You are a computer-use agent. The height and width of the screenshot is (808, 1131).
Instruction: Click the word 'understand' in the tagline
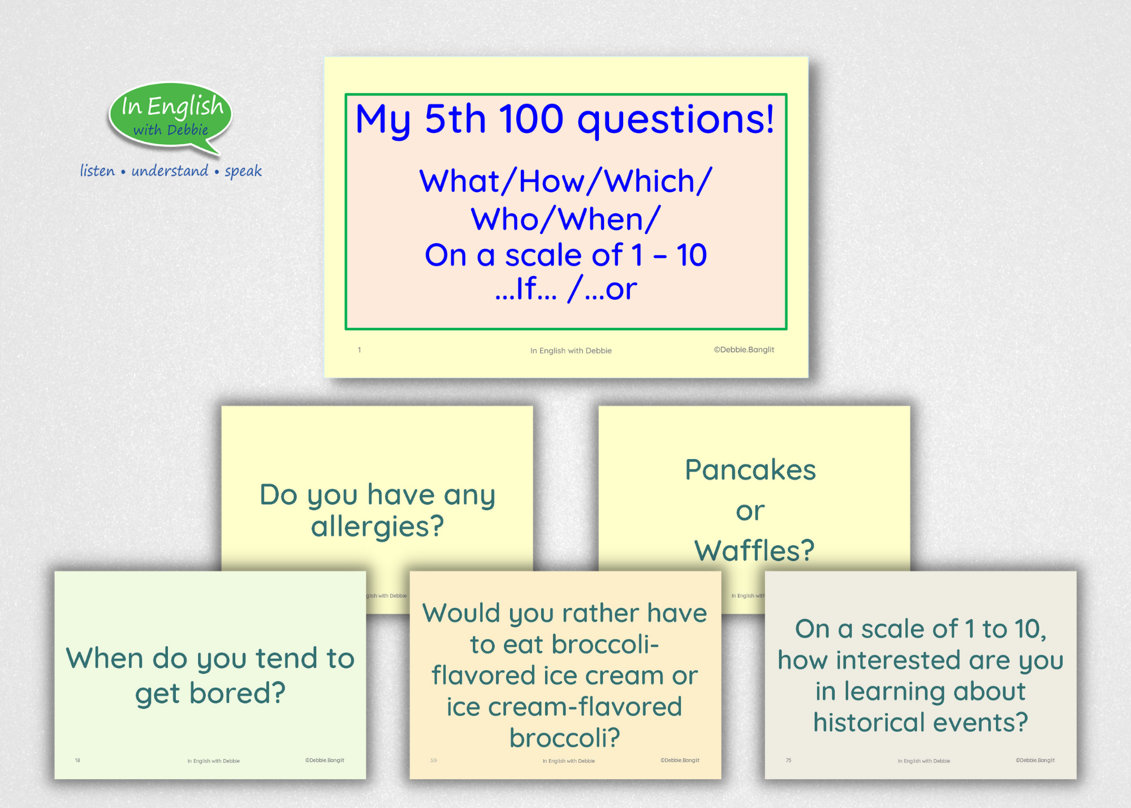(170, 171)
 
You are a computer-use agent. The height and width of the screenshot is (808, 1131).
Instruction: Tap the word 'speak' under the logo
(243, 171)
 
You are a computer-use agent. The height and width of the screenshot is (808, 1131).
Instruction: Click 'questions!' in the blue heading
(675, 120)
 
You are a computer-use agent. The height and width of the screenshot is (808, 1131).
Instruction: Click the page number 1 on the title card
(359, 350)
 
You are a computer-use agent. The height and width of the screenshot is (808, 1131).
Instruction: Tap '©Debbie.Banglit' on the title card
(744, 349)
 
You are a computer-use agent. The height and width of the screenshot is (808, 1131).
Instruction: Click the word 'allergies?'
(377, 527)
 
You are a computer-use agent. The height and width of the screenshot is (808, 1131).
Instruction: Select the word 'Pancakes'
(750, 470)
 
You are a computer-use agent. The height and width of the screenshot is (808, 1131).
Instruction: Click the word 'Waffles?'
(754, 550)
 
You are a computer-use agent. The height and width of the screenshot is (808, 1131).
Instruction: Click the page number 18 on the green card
(77, 761)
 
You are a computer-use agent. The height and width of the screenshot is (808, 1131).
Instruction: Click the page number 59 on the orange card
(433, 761)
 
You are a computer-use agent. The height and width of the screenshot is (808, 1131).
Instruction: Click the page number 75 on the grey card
(788, 761)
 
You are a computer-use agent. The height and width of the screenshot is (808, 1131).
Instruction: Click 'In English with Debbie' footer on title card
(571, 351)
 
